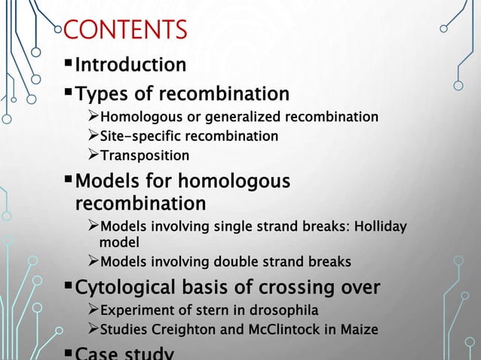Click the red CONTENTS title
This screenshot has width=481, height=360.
[x=126, y=32]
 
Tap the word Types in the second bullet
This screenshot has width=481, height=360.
[x=102, y=95]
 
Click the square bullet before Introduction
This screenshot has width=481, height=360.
[x=67, y=65]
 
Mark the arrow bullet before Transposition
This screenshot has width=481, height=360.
[x=93, y=156]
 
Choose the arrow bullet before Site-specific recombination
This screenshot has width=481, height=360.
[x=93, y=136]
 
